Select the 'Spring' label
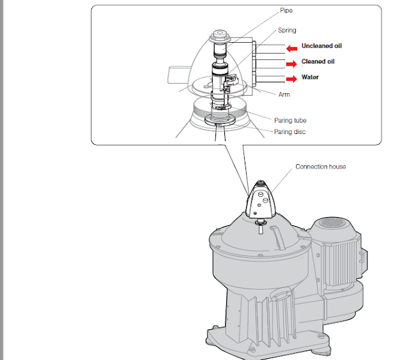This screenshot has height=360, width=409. (286, 31)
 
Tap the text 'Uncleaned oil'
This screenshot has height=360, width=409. (323, 47)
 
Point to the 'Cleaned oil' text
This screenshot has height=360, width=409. (318, 62)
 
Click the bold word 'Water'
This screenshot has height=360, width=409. (310, 78)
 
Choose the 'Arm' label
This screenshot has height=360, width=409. (284, 94)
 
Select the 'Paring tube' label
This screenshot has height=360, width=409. (290, 120)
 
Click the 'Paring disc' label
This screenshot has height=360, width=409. (289, 132)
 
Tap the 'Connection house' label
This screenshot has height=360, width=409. (320, 167)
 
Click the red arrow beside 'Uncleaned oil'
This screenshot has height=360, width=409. (293, 47)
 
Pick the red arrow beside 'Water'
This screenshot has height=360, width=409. (293, 78)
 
